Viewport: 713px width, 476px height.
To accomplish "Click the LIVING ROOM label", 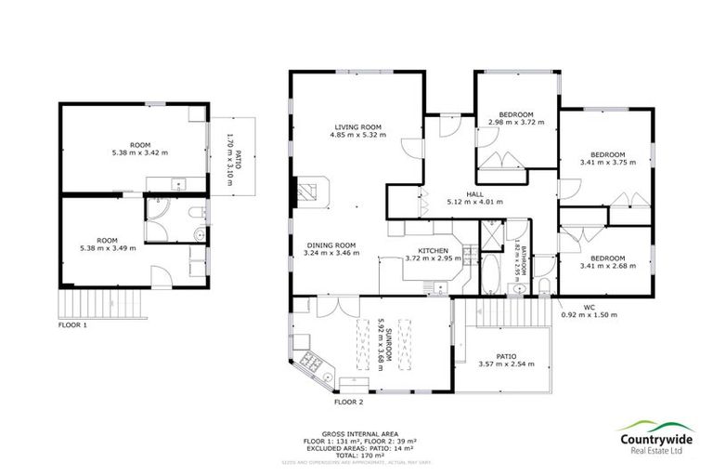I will coord(357,127).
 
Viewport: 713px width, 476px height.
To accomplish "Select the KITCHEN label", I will coord(433,250).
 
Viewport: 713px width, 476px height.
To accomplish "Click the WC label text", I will coord(589,306).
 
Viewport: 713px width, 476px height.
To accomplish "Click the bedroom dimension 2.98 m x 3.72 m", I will coord(515,122).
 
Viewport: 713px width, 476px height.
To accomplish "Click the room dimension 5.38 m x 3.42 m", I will coord(140,152).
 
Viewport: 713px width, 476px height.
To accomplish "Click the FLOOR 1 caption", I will coord(72,325).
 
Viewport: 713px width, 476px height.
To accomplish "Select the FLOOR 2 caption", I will coord(348,403).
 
